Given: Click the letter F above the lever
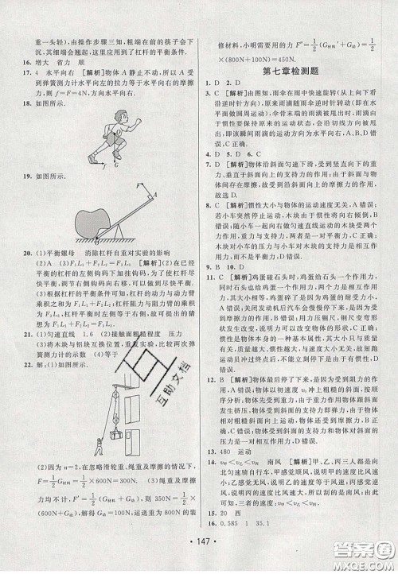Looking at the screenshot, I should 138,184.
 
